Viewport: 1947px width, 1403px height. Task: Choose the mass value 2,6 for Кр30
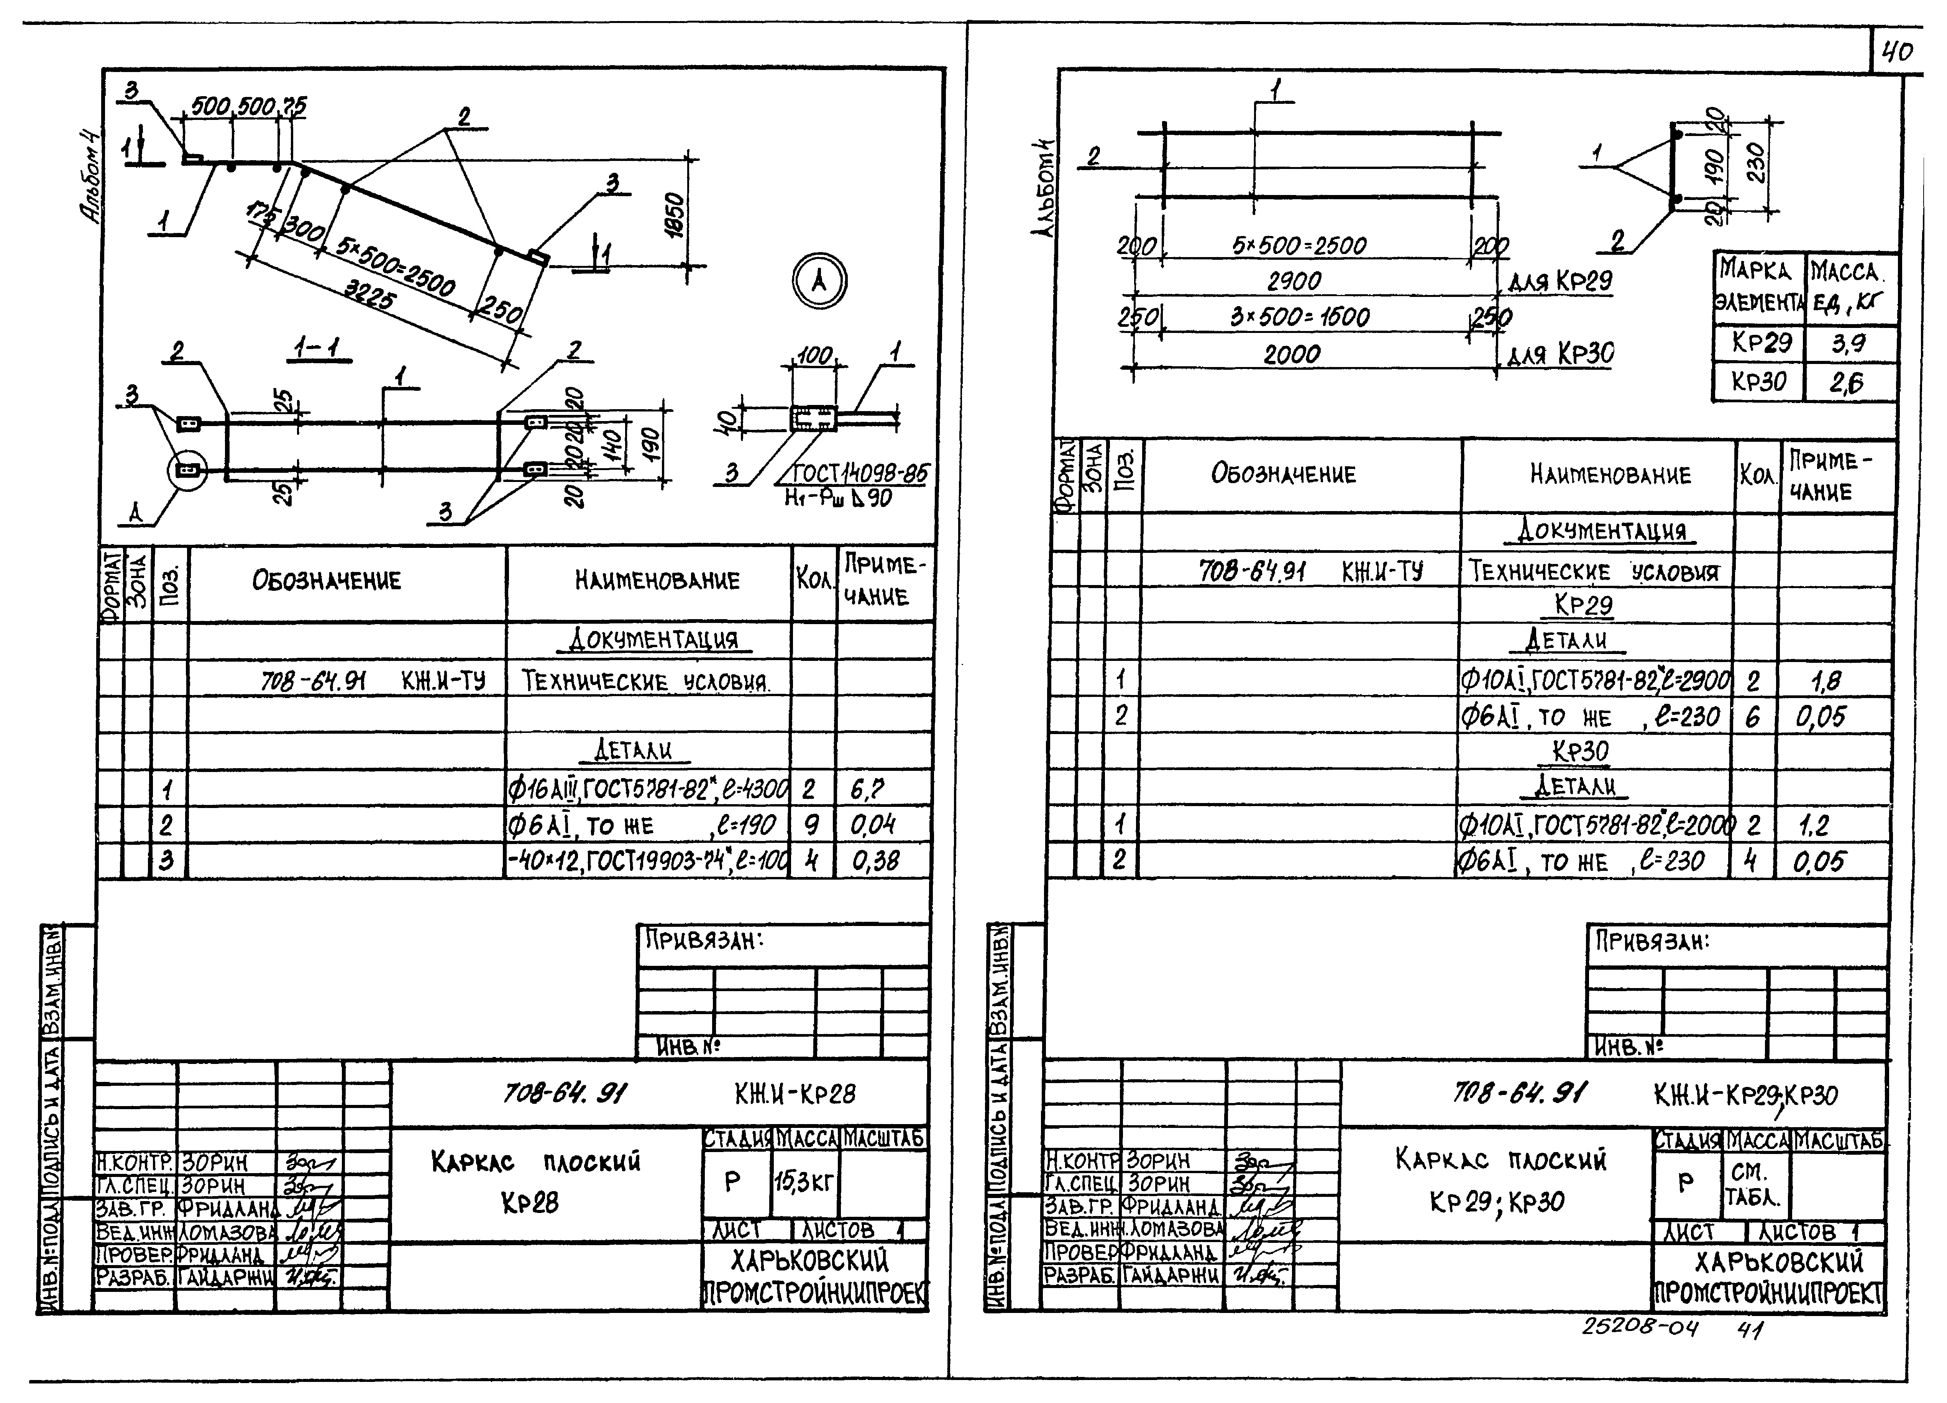click(x=1846, y=382)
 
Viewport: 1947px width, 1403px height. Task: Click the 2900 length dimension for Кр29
click(x=1294, y=280)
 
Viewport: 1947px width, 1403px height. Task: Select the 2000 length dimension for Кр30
click(x=1292, y=354)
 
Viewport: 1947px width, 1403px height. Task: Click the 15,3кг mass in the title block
click(x=804, y=1182)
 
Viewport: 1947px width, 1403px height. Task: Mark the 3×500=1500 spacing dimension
click(x=1299, y=316)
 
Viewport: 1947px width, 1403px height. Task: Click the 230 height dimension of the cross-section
click(x=1755, y=162)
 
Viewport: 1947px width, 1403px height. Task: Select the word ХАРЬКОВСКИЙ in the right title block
click(x=1779, y=1261)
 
